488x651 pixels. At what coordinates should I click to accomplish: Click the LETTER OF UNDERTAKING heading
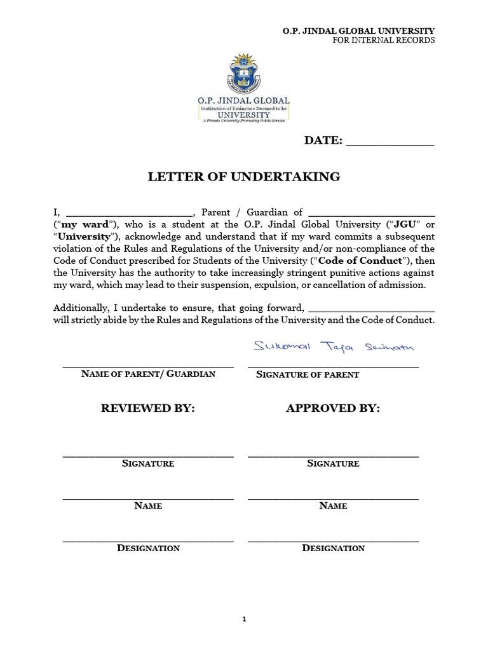[x=244, y=177]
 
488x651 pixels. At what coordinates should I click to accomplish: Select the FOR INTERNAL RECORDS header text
[x=384, y=40]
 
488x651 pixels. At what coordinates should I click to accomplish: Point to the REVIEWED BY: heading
[x=147, y=408]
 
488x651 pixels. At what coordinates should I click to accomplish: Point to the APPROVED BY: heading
[x=333, y=408]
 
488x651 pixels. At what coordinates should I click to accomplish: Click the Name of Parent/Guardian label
[x=148, y=374]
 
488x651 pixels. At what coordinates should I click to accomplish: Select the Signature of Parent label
[x=308, y=374]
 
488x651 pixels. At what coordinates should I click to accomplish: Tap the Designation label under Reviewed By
[x=148, y=548]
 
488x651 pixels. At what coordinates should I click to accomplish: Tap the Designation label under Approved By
[x=333, y=548]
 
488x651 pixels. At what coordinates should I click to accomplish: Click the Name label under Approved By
[x=333, y=506]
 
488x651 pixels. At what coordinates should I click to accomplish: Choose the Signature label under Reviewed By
[x=148, y=463]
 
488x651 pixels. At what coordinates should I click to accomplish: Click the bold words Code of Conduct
[x=369, y=261]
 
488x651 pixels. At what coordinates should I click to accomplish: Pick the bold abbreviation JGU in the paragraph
[x=405, y=224]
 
